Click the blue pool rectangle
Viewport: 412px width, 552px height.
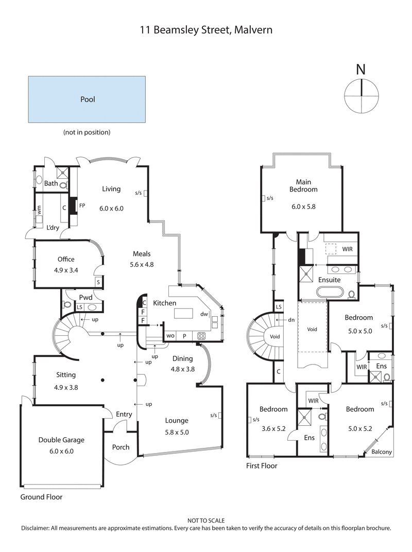coord(88,99)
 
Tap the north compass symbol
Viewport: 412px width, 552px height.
coord(362,95)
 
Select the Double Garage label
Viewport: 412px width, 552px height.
coord(61,440)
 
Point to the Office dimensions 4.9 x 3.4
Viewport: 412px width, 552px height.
coord(66,268)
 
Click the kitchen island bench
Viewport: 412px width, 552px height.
coord(184,314)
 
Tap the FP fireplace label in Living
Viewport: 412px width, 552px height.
coord(82,205)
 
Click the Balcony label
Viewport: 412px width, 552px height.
coord(382,452)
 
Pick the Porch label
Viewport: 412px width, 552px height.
coord(121,447)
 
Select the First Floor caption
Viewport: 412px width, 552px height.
coord(262,466)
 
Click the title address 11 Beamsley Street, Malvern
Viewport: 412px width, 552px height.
coord(206,30)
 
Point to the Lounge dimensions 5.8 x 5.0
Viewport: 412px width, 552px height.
coord(177,433)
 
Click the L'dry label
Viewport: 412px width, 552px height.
coord(52,227)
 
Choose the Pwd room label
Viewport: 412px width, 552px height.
coord(85,298)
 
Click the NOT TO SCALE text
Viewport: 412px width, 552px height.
coord(206,521)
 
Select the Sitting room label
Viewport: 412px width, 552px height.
coord(66,375)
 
